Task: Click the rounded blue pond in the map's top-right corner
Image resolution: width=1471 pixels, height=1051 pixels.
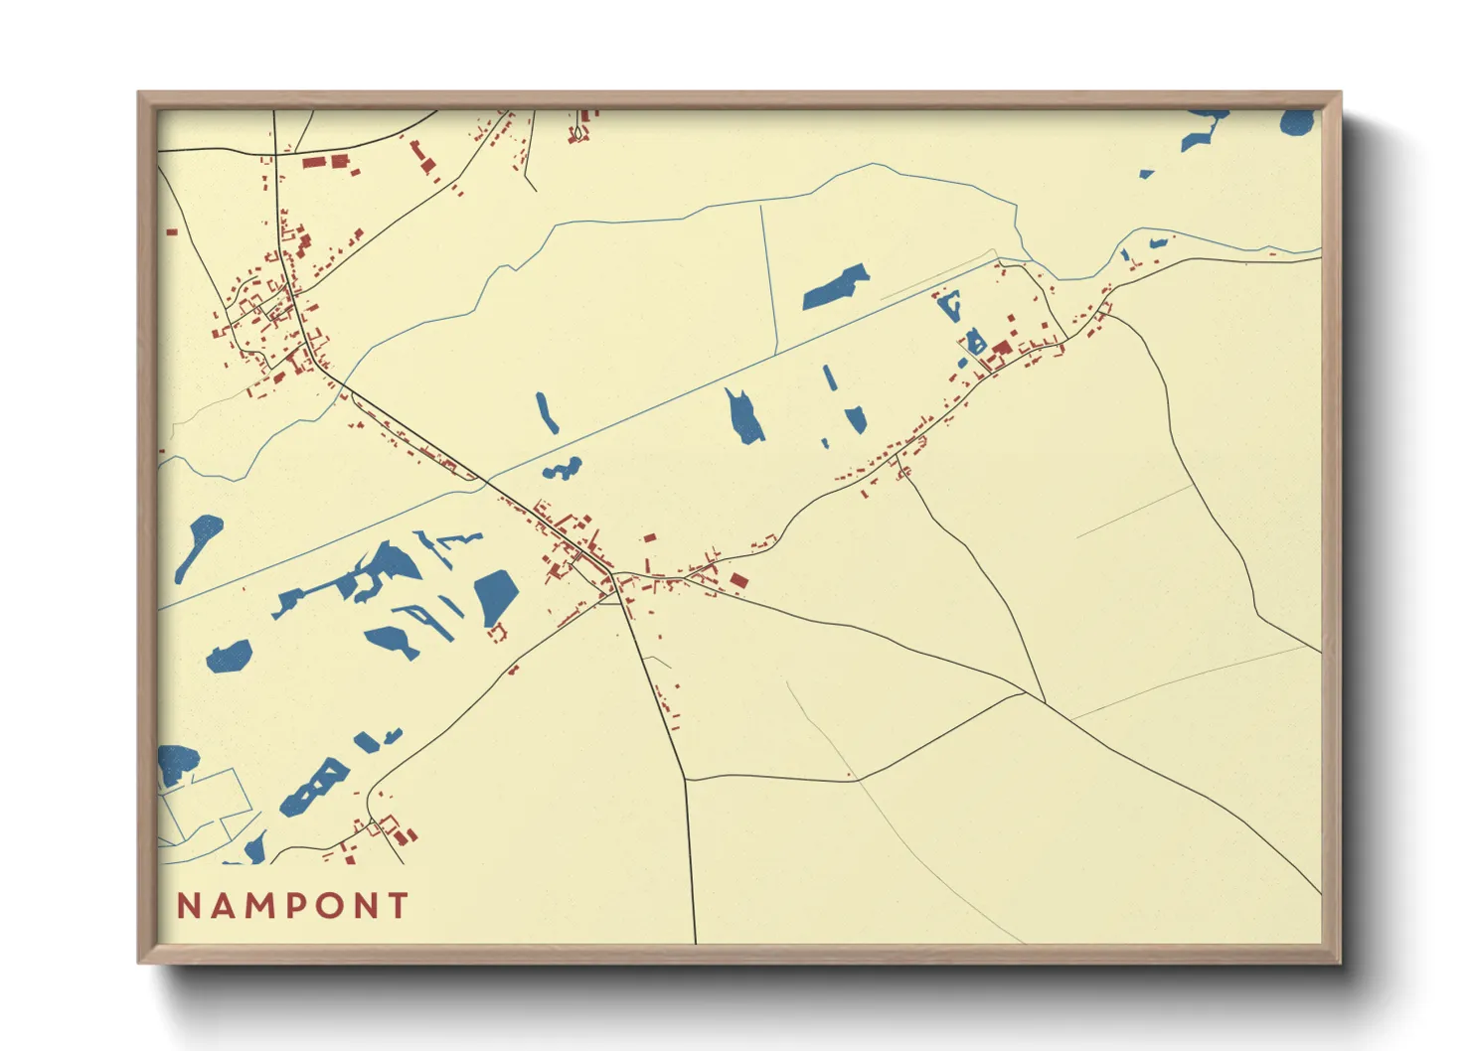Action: coord(1297,122)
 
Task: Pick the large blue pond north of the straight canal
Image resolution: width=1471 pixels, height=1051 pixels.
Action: coord(836,287)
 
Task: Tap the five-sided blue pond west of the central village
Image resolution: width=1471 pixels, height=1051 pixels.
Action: coord(495,597)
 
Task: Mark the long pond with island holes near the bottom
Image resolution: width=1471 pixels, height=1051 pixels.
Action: coord(315,788)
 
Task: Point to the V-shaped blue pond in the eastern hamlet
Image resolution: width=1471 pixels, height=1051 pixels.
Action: coord(950,306)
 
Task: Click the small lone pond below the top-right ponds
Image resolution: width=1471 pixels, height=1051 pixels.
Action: coord(1146,174)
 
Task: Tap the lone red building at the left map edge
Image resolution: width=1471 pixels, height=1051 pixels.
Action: coord(172,232)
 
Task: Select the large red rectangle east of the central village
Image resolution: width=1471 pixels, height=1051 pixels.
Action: coord(737,580)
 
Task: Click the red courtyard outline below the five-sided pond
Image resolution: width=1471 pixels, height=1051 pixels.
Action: coord(498,631)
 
